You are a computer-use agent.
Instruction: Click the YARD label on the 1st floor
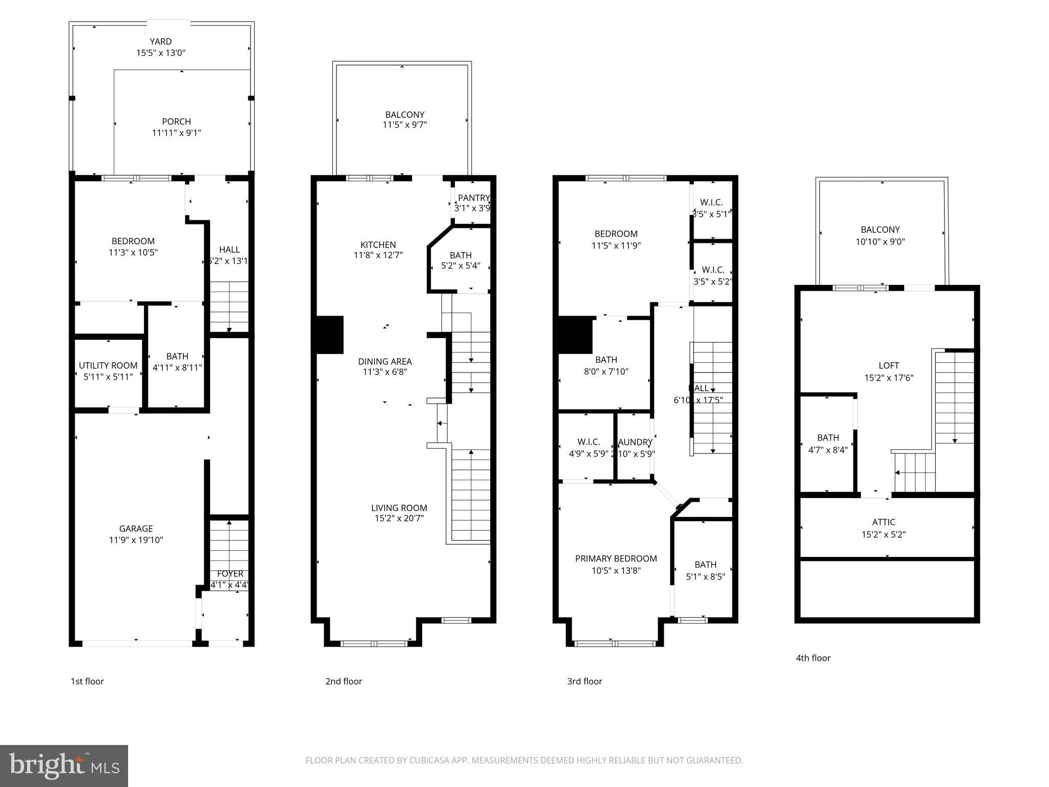pos(160,42)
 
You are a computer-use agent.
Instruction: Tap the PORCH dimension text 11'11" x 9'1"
pos(176,133)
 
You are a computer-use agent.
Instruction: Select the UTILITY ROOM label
pos(108,365)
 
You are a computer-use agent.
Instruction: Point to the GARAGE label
pos(136,528)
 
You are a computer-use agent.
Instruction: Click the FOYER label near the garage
pos(230,574)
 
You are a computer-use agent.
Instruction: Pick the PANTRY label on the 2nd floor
pos(473,198)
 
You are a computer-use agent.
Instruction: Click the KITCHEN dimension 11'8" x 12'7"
pos(378,255)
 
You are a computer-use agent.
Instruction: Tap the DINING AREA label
pos(385,361)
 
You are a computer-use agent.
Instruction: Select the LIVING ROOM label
pos(399,508)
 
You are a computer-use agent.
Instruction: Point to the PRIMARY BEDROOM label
pos(616,558)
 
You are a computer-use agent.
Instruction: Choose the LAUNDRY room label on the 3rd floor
pos(635,442)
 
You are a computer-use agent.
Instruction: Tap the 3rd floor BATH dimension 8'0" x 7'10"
pos(606,371)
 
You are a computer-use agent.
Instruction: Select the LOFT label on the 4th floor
pos(888,365)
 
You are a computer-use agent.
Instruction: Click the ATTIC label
pos(884,522)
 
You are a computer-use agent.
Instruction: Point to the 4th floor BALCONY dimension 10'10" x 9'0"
pos(880,241)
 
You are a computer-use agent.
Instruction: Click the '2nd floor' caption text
pos(343,681)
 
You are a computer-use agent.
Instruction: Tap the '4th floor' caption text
pos(813,658)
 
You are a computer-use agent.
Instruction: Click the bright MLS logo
pos(64,765)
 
